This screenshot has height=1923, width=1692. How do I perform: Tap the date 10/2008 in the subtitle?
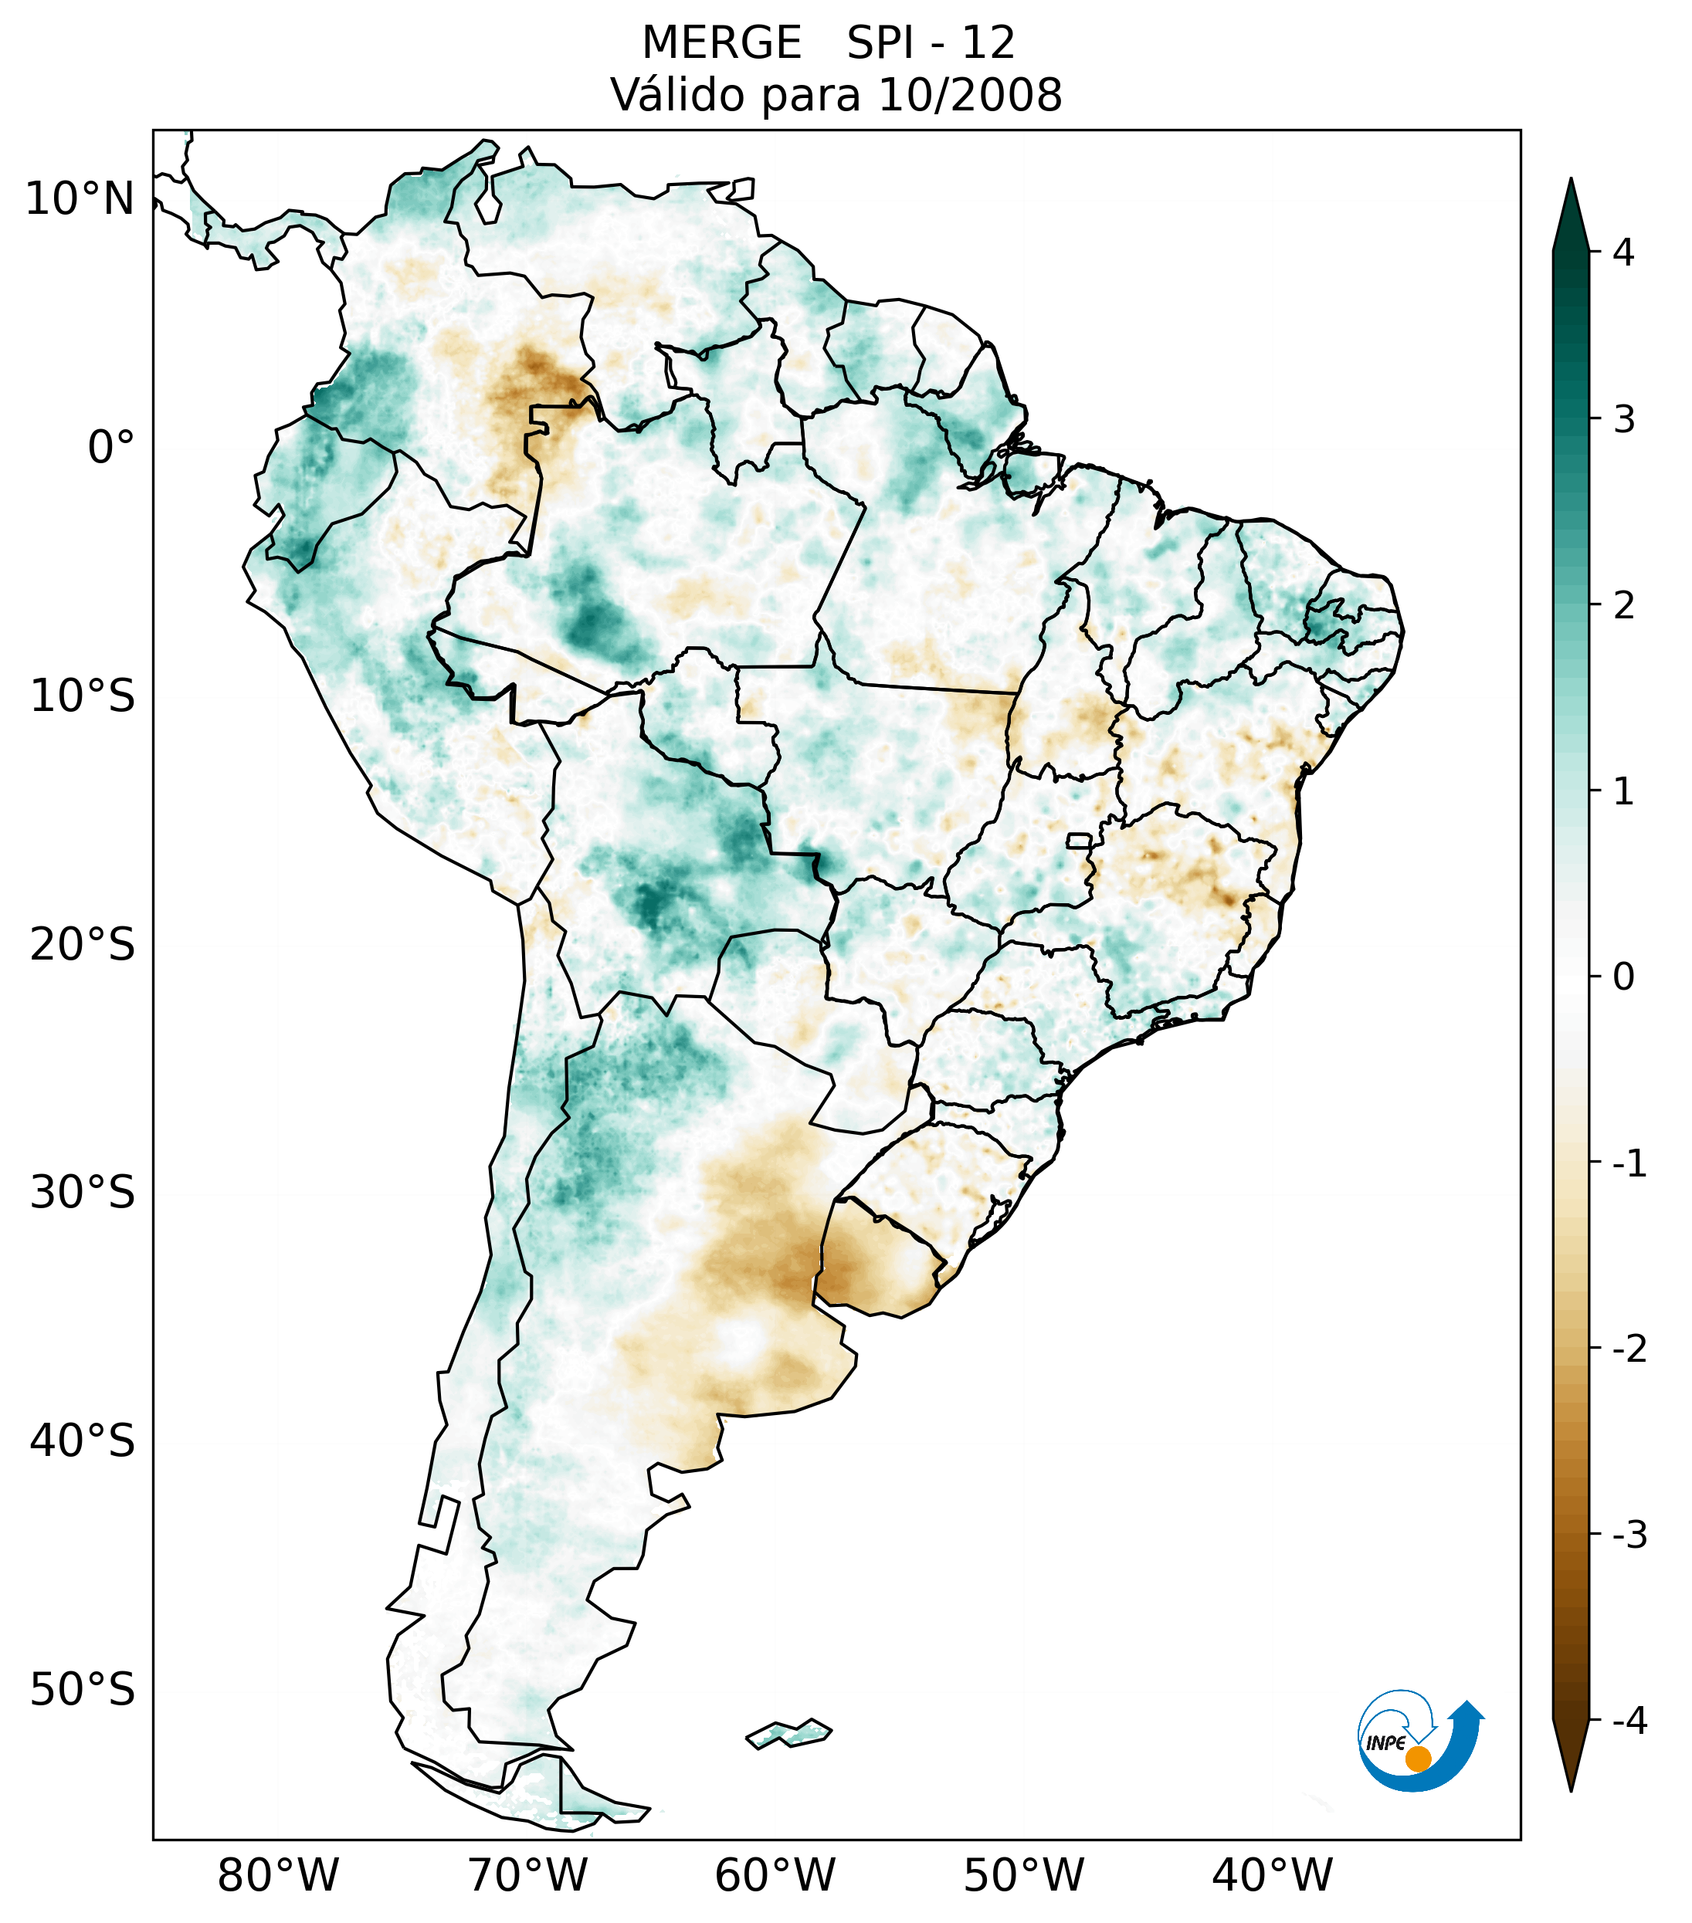pos(969,95)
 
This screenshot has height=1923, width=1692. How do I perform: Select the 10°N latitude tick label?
pos(80,199)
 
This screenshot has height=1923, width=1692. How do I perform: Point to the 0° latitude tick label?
pos(110,448)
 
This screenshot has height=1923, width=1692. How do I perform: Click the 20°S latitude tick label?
pos(83,945)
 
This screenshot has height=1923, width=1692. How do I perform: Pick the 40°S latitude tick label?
pos(83,1441)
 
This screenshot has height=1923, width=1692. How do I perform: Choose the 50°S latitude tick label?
pos(83,1691)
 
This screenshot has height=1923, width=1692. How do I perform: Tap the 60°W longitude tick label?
pos(775,1875)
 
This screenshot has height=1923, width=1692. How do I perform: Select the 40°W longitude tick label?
pos(1273,1875)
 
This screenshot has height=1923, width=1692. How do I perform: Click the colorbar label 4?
pos(1623,252)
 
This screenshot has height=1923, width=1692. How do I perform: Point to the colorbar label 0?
pos(1623,977)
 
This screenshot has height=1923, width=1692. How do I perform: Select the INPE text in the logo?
pos(1385,1743)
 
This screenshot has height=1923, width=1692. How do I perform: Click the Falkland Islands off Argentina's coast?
pos(788,1732)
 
